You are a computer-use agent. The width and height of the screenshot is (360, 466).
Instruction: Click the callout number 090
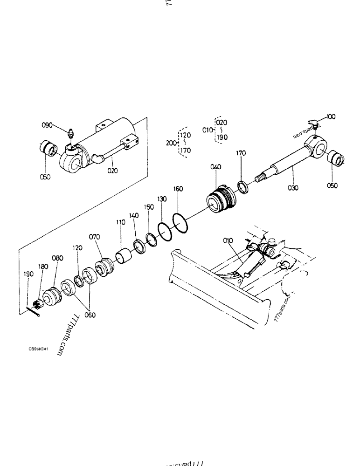pos(48,125)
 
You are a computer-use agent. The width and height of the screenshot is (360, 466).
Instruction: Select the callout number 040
pos(216,167)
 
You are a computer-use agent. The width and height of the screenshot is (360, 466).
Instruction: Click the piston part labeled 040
pos(222,200)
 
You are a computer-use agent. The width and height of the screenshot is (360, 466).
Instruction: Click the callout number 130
pos(162,199)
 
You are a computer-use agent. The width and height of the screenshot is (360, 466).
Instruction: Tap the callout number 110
pos(121,223)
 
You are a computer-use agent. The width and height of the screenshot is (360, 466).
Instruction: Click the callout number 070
pos(95,237)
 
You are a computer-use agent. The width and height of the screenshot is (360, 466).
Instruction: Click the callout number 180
pos(43,267)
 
